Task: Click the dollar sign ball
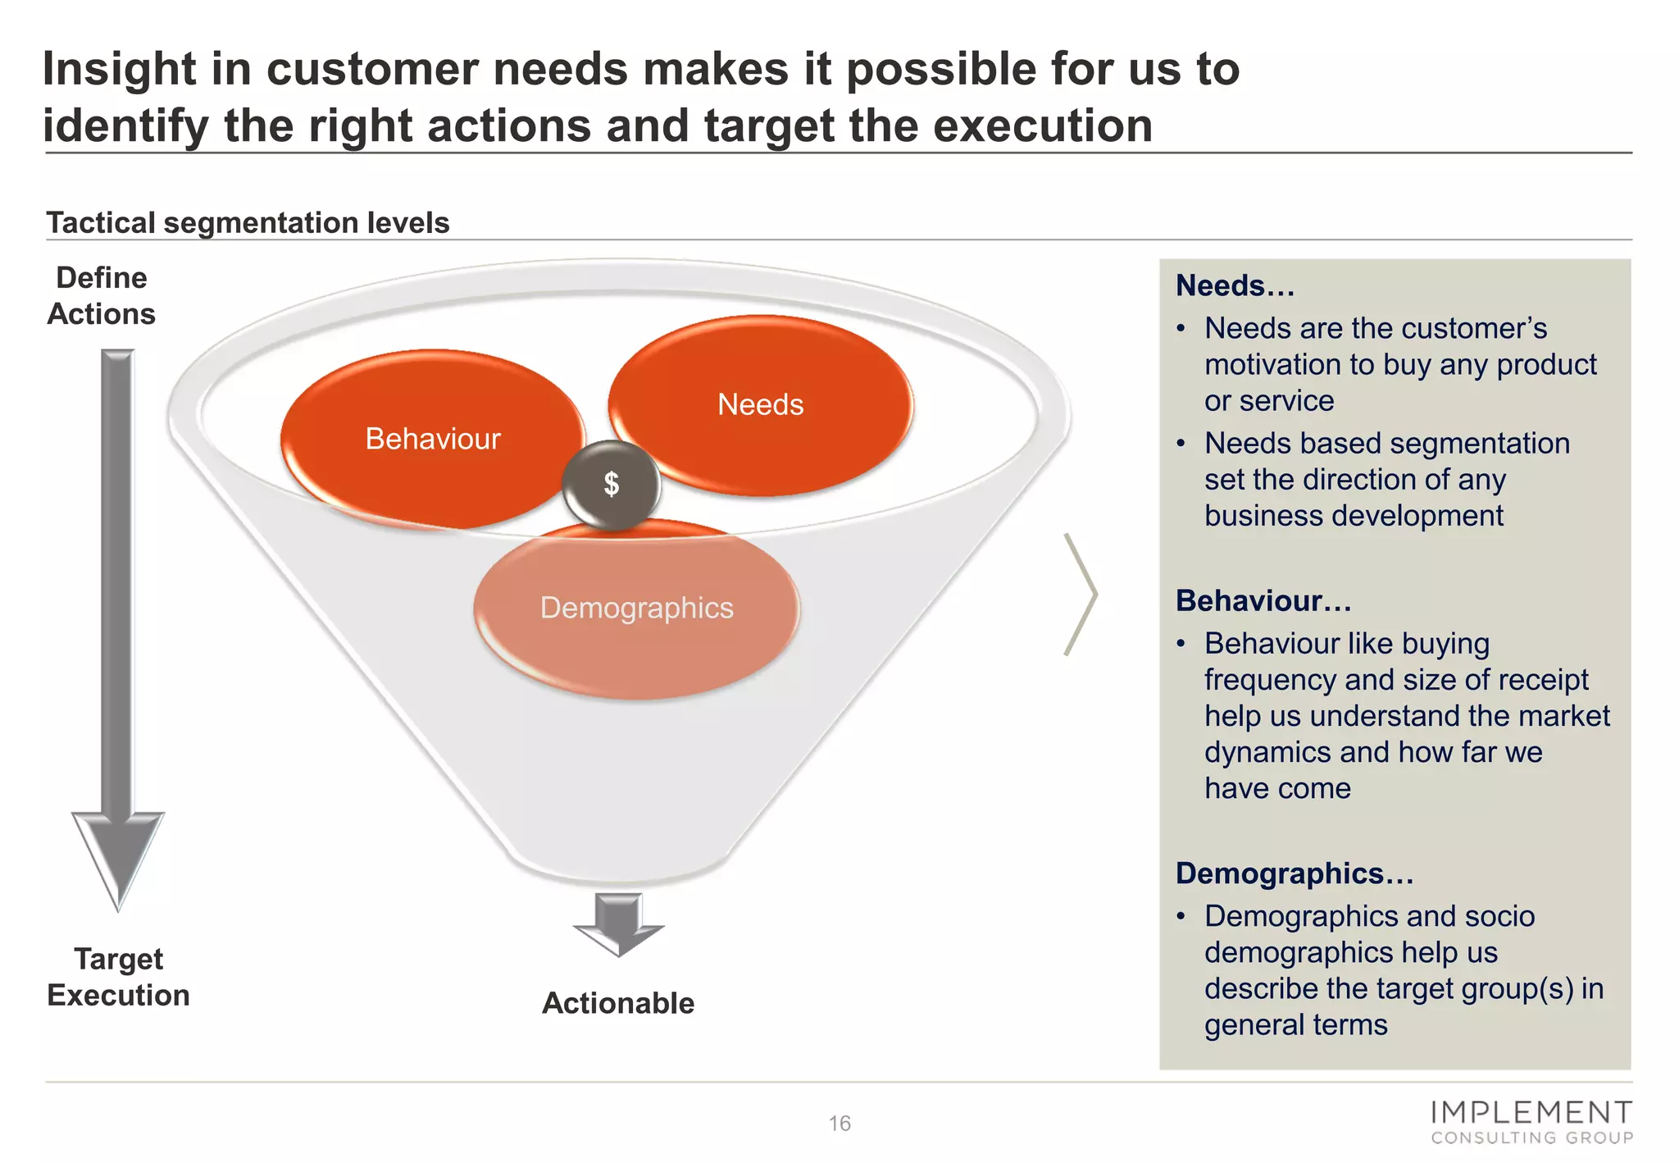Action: click(x=612, y=485)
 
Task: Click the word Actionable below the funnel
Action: click(x=618, y=1003)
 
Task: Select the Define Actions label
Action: click(x=101, y=296)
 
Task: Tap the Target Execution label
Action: click(x=118, y=977)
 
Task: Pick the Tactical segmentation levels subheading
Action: click(x=248, y=223)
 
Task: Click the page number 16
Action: click(x=839, y=1124)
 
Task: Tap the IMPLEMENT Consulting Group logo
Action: click(x=1531, y=1122)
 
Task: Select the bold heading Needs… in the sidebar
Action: click(x=1235, y=286)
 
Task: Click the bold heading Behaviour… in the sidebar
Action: click(x=1263, y=601)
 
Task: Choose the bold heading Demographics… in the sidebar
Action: click(x=1294, y=873)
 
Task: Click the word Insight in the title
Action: click(x=119, y=69)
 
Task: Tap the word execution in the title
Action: click(x=1043, y=126)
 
